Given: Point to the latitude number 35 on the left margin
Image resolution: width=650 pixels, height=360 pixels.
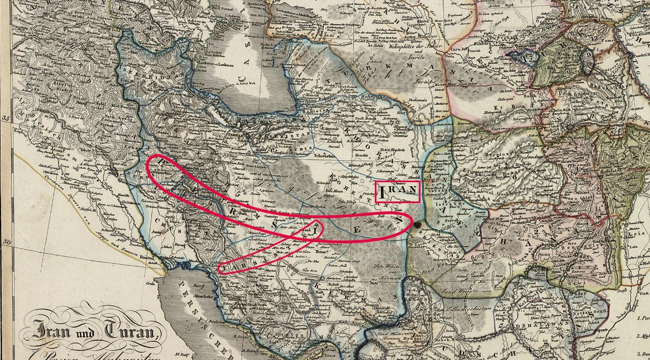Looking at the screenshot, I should click(x=6, y=118).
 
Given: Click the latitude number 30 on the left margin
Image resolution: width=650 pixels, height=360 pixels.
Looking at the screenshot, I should click(x=6, y=242).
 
